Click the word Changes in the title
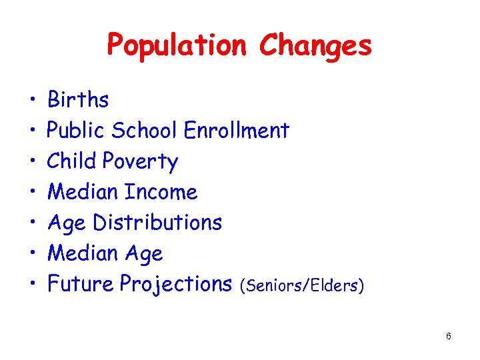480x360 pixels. pyautogui.click(x=315, y=46)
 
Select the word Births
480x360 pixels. pyautogui.click(x=78, y=100)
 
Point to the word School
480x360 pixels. pyautogui.click(x=144, y=131)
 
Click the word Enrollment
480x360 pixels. pyautogui.click(x=236, y=131)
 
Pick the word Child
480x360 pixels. pyautogui.click(x=71, y=161)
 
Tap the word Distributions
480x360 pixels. pyautogui.click(x=157, y=223)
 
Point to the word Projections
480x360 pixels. pyautogui.click(x=175, y=285)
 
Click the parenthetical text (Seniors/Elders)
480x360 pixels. pyautogui.click(x=303, y=286)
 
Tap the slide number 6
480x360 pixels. pyautogui.click(x=449, y=336)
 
